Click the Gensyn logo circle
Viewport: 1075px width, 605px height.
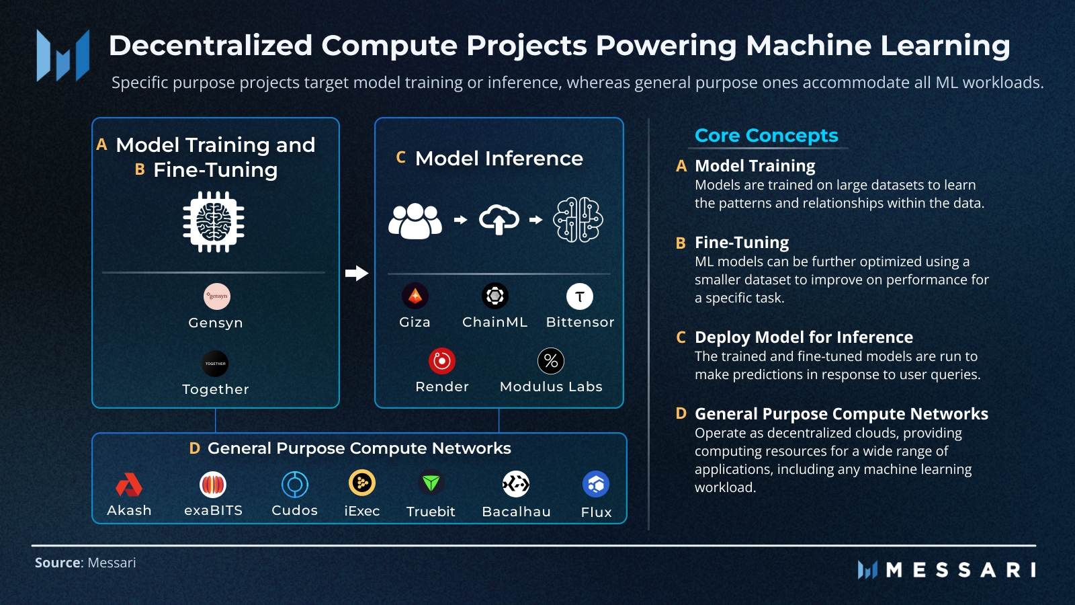click(216, 296)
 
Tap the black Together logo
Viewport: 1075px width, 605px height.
click(215, 364)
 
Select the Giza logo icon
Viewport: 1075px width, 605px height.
click(415, 296)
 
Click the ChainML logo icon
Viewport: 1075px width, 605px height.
click(495, 296)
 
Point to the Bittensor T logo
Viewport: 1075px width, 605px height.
click(580, 296)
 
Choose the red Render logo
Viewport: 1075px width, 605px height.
click(442, 361)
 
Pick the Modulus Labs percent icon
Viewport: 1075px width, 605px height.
click(551, 361)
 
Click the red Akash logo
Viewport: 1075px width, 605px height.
click(129, 485)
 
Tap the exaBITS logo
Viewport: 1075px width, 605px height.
click(213, 484)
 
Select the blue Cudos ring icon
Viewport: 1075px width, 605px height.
click(294, 484)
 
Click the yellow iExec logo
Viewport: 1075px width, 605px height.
click(362, 483)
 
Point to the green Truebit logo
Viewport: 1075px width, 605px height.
click(431, 483)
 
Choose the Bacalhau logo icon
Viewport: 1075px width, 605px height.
click(516, 483)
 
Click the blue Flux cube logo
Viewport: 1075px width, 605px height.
click(596, 484)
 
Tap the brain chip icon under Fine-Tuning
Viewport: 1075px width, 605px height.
click(214, 222)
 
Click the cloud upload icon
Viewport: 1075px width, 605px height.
click(499, 220)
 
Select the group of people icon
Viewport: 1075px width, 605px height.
click(415, 220)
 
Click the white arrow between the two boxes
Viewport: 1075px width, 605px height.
click(357, 273)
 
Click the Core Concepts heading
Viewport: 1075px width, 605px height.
click(766, 136)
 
